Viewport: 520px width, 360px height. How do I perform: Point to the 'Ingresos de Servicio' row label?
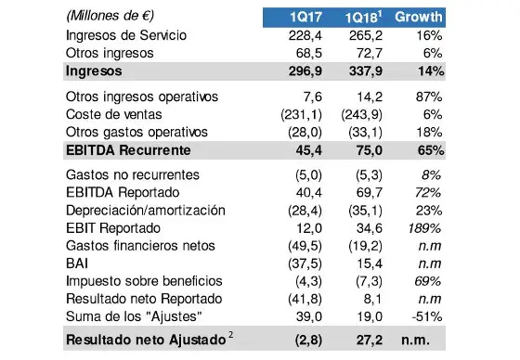click(131, 35)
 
